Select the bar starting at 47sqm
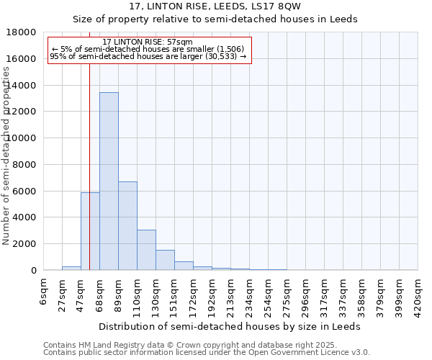[90, 231]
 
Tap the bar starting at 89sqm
[127, 226]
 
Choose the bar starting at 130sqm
[165, 260]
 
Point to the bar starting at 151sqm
[184, 266]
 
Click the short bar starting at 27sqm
[71, 268]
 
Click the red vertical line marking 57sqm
[89, 144]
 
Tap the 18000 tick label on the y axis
[22, 32]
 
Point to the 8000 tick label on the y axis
[24, 165]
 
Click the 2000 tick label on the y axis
[24, 244]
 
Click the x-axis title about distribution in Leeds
[230, 326]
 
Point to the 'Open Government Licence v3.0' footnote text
[304, 352]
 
